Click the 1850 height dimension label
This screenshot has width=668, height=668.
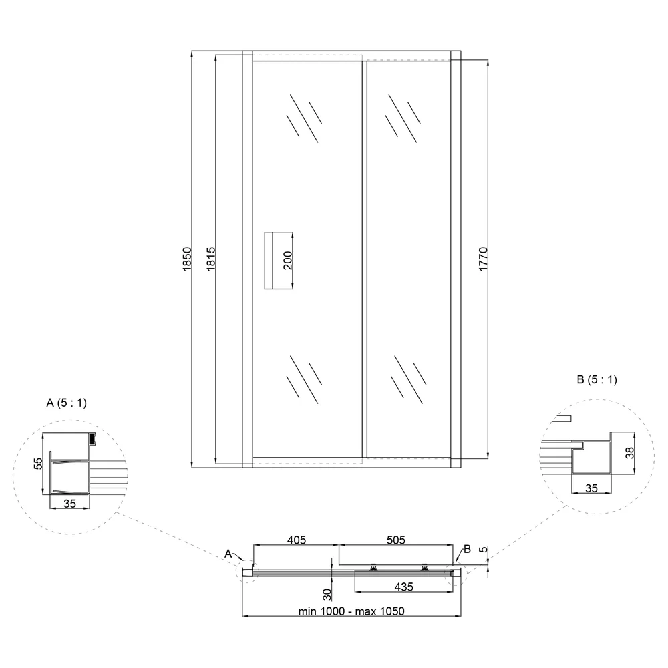[x=187, y=259]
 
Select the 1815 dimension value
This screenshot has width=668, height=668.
[x=211, y=259]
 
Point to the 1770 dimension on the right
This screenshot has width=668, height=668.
[x=483, y=259]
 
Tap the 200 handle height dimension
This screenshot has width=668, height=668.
[x=288, y=261]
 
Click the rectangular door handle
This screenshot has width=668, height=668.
[x=270, y=261]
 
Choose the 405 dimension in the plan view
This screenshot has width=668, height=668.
[x=297, y=540]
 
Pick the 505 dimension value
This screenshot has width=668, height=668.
[x=396, y=540]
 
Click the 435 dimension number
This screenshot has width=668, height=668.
[x=404, y=587]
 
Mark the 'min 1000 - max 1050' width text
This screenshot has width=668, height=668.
[x=351, y=611]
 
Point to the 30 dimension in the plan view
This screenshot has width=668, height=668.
[x=327, y=595]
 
